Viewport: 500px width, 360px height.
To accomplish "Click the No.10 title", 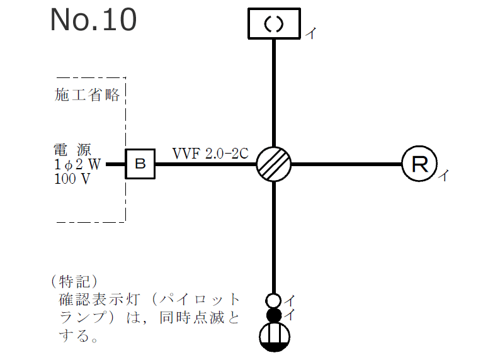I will tap(93, 20).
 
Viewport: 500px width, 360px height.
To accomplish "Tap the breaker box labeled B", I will tap(140, 164).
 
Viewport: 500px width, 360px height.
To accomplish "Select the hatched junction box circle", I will tap(274, 164).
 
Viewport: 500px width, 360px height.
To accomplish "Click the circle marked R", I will tap(419, 164).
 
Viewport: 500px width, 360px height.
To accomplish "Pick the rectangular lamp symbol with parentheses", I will tap(273, 23).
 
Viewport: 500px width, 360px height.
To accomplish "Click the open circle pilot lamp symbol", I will tap(274, 301).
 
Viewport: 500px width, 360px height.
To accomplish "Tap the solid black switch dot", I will tap(274, 315).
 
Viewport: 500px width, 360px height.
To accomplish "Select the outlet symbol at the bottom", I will tap(274, 336).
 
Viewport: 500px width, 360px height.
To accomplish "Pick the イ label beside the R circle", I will tap(443, 175).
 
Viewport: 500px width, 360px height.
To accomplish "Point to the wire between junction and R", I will tap(346, 164).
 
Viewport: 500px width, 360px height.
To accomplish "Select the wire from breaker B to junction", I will tap(205, 165).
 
